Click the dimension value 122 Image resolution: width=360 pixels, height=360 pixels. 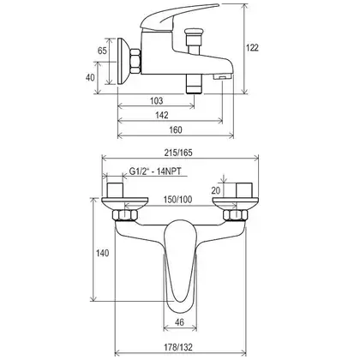(x=252, y=48)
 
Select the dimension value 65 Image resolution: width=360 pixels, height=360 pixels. (x=102, y=51)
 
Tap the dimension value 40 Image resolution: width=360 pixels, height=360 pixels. (x=90, y=77)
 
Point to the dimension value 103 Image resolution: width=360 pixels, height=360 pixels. (x=156, y=100)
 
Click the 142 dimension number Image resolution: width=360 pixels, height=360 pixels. (x=162, y=115)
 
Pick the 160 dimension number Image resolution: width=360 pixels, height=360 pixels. (x=176, y=130)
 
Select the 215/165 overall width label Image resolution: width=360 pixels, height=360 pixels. (x=178, y=153)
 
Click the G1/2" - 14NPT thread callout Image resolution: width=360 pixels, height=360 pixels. (x=155, y=171)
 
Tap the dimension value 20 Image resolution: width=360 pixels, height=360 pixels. (x=216, y=190)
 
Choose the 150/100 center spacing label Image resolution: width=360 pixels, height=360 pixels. (x=177, y=200)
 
